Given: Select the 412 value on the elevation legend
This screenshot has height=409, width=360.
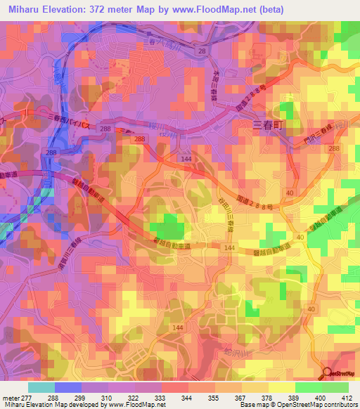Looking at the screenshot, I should tap(347, 397).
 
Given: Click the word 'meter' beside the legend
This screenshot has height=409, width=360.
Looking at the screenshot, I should tap(8, 397).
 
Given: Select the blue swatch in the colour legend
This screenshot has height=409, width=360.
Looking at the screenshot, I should tap(67, 387).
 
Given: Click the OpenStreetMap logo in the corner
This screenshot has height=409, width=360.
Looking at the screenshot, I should tap(340, 373).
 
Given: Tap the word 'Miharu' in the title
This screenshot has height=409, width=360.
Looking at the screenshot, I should tap(22, 9).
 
